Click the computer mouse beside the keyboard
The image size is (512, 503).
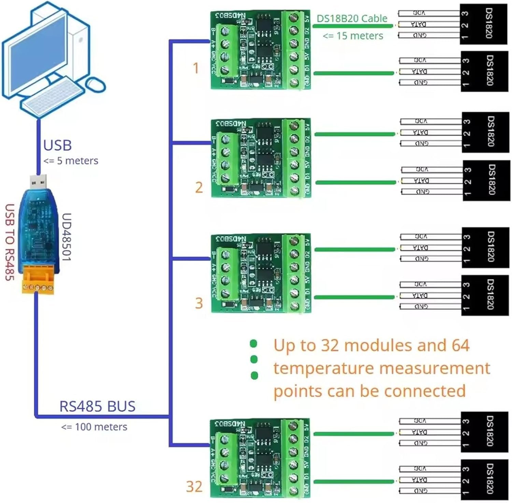click(x=95, y=84)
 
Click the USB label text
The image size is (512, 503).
click(x=57, y=145)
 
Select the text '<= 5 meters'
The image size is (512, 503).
click(x=71, y=161)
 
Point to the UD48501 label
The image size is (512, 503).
click(x=66, y=237)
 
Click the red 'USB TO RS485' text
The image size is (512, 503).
click(x=10, y=242)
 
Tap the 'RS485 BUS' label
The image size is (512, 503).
click(x=97, y=406)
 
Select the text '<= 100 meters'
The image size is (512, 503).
click(x=94, y=427)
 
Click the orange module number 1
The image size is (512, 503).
click(x=196, y=68)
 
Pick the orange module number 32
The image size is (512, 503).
click(x=194, y=487)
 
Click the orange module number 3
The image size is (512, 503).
click(x=199, y=303)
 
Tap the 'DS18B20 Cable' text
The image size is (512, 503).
click(x=352, y=18)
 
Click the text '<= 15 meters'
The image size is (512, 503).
click(x=353, y=36)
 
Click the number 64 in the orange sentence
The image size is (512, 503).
click(x=460, y=345)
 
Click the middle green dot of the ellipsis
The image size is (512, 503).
click(x=254, y=359)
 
